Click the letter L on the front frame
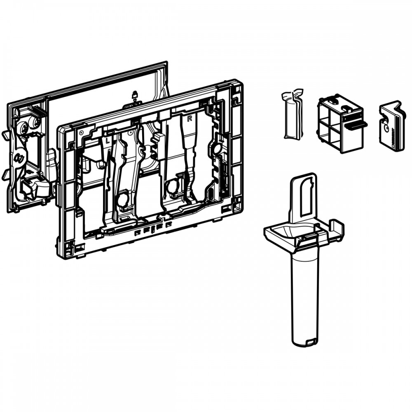[x=107, y=141]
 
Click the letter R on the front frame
[x=189, y=119]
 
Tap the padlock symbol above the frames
[x=135, y=94]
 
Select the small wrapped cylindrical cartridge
[x=292, y=114]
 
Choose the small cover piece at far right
[x=391, y=126]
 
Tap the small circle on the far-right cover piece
[x=386, y=128]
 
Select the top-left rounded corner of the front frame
[x=61, y=128]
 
